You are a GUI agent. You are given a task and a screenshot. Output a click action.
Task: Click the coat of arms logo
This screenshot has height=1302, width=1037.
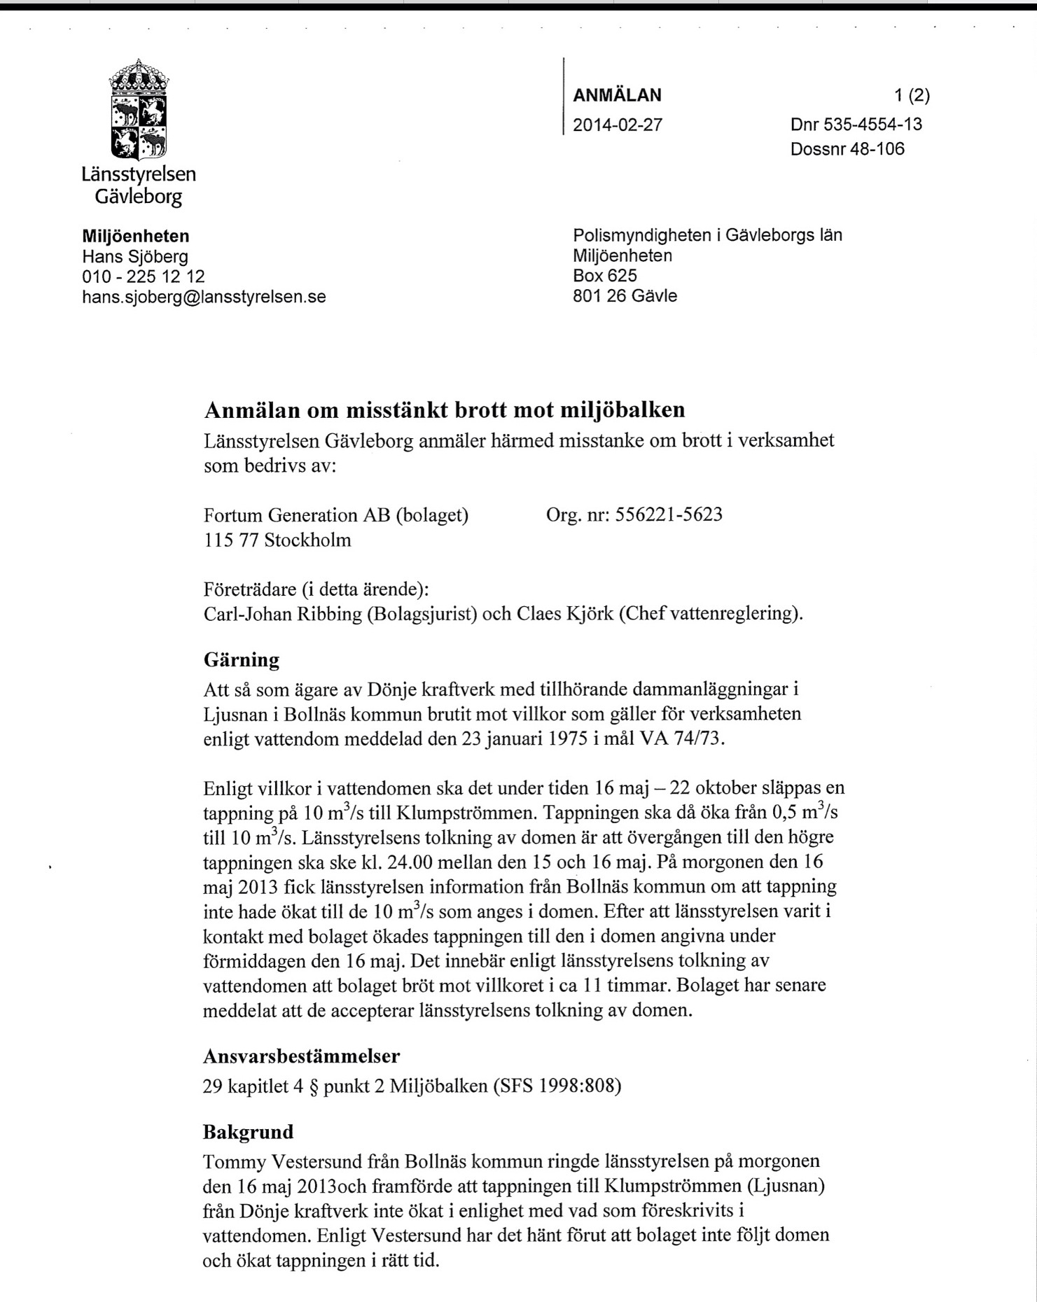(x=139, y=109)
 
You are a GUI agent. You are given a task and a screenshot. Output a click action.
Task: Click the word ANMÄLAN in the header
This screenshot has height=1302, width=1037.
(x=617, y=95)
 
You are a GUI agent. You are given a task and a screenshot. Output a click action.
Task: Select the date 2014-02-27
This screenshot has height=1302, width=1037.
(x=617, y=125)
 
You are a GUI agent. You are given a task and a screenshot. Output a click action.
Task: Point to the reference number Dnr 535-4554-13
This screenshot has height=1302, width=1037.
(x=856, y=125)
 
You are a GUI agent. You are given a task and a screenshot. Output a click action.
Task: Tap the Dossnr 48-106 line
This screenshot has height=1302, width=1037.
(x=847, y=149)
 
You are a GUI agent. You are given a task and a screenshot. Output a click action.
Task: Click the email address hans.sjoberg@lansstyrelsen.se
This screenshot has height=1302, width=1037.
(x=204, y=297)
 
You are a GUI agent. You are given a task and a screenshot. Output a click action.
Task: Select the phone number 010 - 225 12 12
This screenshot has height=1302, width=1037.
(x=144, y=276)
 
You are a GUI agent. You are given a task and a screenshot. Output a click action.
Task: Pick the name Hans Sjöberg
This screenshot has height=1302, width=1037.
(x=135, y=257)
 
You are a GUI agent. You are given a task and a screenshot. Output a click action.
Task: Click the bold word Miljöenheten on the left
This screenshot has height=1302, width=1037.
(x=136, y=236)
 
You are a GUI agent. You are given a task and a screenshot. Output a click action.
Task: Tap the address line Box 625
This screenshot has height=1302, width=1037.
(x=604, y=276)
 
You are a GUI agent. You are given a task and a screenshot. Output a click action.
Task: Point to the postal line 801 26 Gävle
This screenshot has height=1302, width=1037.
(x=625, y=296)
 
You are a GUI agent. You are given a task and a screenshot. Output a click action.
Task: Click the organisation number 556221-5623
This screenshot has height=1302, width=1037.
(x=668, y=515)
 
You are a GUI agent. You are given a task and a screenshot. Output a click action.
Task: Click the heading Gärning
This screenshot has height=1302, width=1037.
(x=241, y=659)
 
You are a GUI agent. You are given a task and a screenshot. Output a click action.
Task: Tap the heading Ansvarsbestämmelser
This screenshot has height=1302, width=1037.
(x=301, y=1056)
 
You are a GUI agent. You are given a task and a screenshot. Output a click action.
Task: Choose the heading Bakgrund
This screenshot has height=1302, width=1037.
(x=248, y=1132)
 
